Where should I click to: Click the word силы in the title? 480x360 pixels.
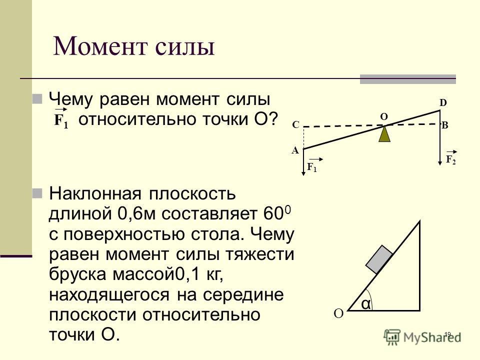click(x=185, y=49)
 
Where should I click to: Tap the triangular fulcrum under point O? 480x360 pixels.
click(x=384, y=134)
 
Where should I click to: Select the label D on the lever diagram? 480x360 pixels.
click(x=443, y=103)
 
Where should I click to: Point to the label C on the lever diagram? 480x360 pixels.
click(x=295, y=125)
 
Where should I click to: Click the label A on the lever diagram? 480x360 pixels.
click(x=295, y=150)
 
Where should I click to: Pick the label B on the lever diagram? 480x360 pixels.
click(x=445, y=125)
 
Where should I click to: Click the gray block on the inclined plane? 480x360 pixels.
click(x=379, y=259)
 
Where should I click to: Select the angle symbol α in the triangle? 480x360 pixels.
click(x=366, y=304)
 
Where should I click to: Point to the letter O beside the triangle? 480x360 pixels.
click(x=338, y=314)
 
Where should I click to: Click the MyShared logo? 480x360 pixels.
click(x=423, y=337)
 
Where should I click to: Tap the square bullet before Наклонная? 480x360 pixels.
click(x=37, y=193)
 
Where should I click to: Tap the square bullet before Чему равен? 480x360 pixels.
click(x=37, y=99)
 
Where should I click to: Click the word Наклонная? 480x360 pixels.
click(x=95, y=194)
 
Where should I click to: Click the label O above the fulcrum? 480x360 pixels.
click(x=384, y=116)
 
